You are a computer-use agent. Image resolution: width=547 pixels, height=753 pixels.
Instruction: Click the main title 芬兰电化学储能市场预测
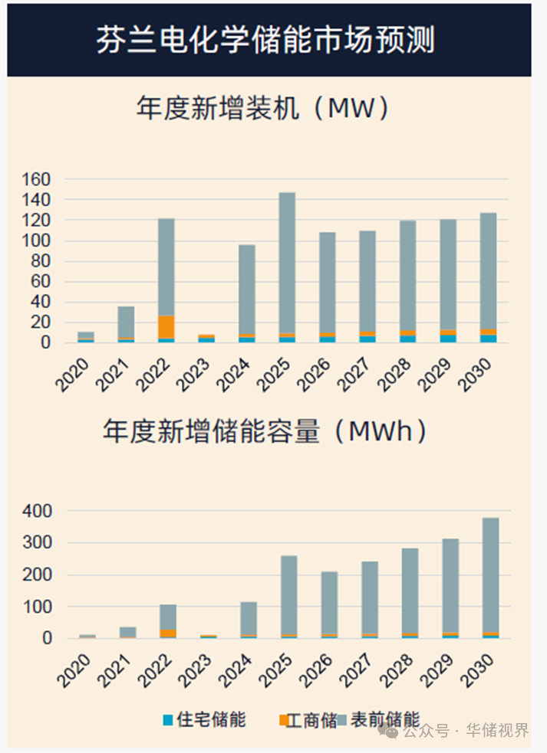pyautogui.click(x=265, y=40)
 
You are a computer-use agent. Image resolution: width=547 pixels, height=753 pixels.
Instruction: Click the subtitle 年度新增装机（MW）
pyautogui.click(x=264, y=109)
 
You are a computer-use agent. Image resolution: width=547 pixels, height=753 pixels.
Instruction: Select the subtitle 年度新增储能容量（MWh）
pyautogui.click(x=265, y=432)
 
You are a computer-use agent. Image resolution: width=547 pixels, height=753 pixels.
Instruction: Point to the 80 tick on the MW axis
pyautogui.click(x=40, y=261)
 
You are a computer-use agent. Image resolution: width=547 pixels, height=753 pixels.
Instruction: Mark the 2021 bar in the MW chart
pyautogui.click(x=126, y=322)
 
